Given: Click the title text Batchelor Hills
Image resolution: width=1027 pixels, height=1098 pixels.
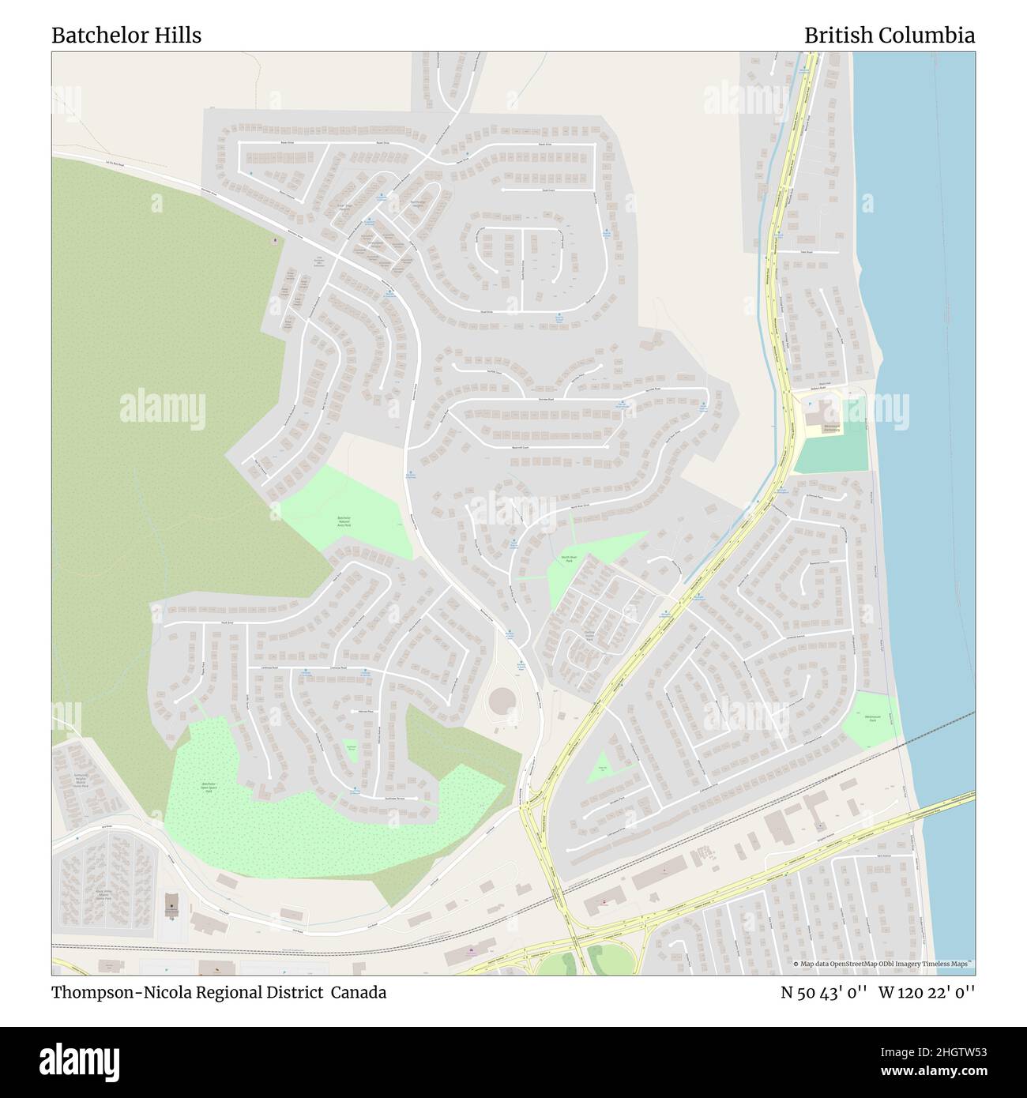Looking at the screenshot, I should (126, 36).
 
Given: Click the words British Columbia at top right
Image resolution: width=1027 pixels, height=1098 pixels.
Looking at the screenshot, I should (889, 36).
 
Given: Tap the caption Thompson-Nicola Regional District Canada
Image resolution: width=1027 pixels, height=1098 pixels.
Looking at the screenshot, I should (219, 992).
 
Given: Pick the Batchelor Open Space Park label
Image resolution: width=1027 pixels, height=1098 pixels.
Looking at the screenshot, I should (209, 787).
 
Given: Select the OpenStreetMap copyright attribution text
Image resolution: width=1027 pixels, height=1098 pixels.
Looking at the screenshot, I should (883, 965).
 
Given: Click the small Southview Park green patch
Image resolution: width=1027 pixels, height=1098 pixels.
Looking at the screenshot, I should (352, 751).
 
